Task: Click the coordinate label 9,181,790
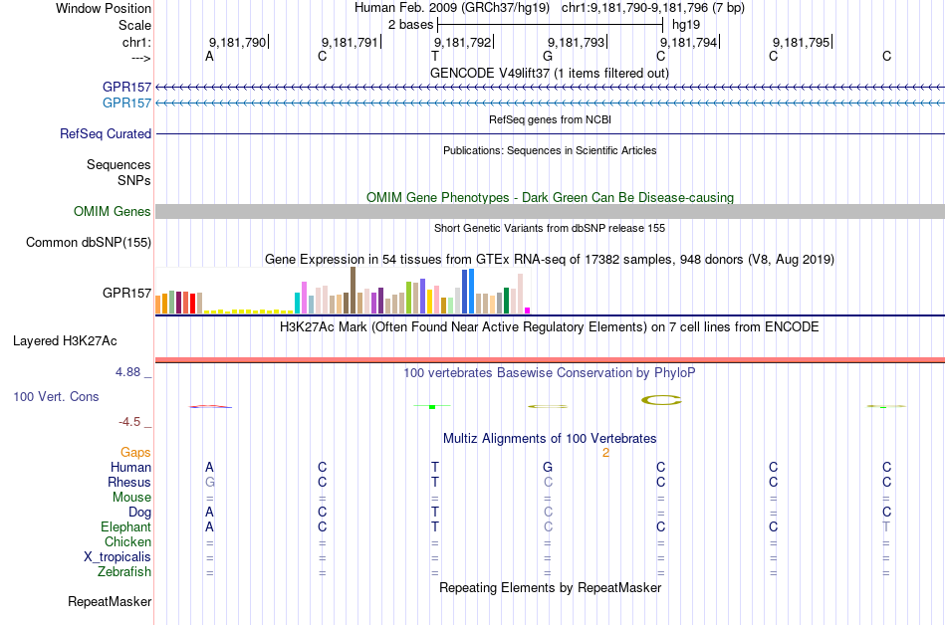(238, 43)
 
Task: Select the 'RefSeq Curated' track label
(106, 133)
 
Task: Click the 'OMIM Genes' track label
(113, 211)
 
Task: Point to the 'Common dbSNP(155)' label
(89, 242)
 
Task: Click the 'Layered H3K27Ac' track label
(65, 340)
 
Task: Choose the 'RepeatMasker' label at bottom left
(110, 601)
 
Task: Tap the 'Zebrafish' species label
(124, 572)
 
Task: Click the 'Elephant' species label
(125, 526)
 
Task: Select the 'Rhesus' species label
(129, 482)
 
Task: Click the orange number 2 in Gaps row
(605, 453)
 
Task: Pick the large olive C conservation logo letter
(660, 400)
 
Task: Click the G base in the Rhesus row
(209, 482)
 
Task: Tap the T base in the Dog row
(435, 512)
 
